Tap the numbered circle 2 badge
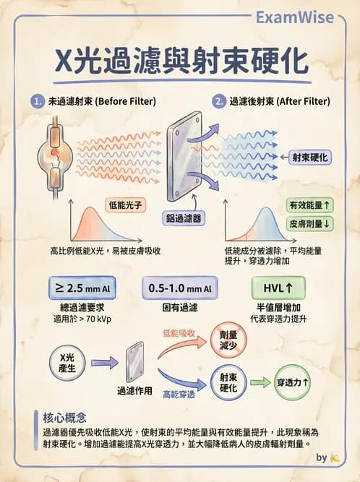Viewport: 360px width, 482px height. pos(218,101)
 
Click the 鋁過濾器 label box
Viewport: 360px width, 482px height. pos(182,218)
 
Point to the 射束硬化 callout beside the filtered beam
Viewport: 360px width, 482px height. pos(310,157)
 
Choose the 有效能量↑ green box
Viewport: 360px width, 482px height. pos(311,205)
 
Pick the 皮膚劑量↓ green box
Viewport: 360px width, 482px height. pos(311,223)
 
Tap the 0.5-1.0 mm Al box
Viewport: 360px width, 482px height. pos(180,288)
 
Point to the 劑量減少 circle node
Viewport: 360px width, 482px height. pos(227,339)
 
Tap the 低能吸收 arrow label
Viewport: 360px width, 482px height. pos(180,334)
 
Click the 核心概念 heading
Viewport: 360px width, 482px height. pos(65,418)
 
